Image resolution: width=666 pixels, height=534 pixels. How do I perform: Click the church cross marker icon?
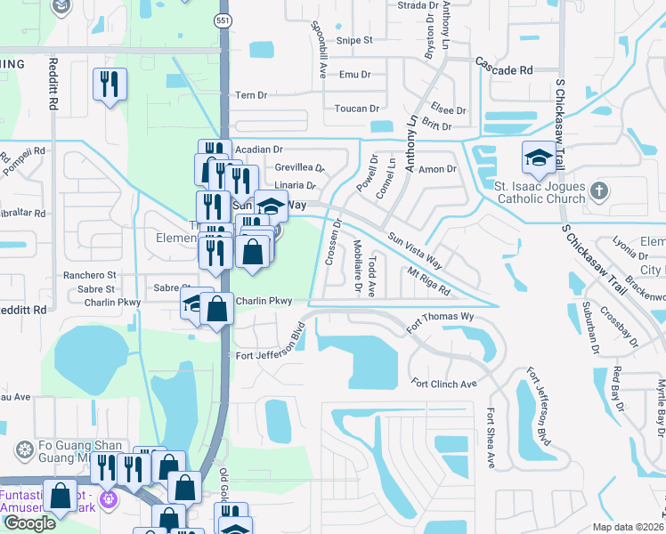pyautogui.click(x=599, y=190)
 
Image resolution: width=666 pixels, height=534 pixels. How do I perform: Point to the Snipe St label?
pyautogui.click(x=353, y=40)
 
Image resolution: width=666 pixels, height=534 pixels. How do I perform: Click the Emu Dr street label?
pyautogui.click(x=354, y=75)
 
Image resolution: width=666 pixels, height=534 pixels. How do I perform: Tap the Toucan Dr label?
pyautogui.click(x=356, y=109)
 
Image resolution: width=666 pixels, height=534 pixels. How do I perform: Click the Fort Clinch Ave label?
pyautogui.click(x=444, y=384)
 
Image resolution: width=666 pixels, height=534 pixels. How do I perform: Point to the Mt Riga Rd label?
pyautogui.click(x=429, y=282)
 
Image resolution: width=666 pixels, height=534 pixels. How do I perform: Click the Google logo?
pyautogui.click(x=29, y=523)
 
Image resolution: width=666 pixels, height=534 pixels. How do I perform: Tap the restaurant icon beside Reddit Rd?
pyautogui.click(x=110, y=85)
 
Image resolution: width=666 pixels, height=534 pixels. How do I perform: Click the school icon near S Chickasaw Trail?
pyautogui.click(x=539, y=158)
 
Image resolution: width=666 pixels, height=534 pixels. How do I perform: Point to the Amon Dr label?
pyautogui.click(x=437, y=168)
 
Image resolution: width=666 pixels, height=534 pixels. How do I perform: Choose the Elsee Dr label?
pyautogui.click(x=448, y=110)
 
